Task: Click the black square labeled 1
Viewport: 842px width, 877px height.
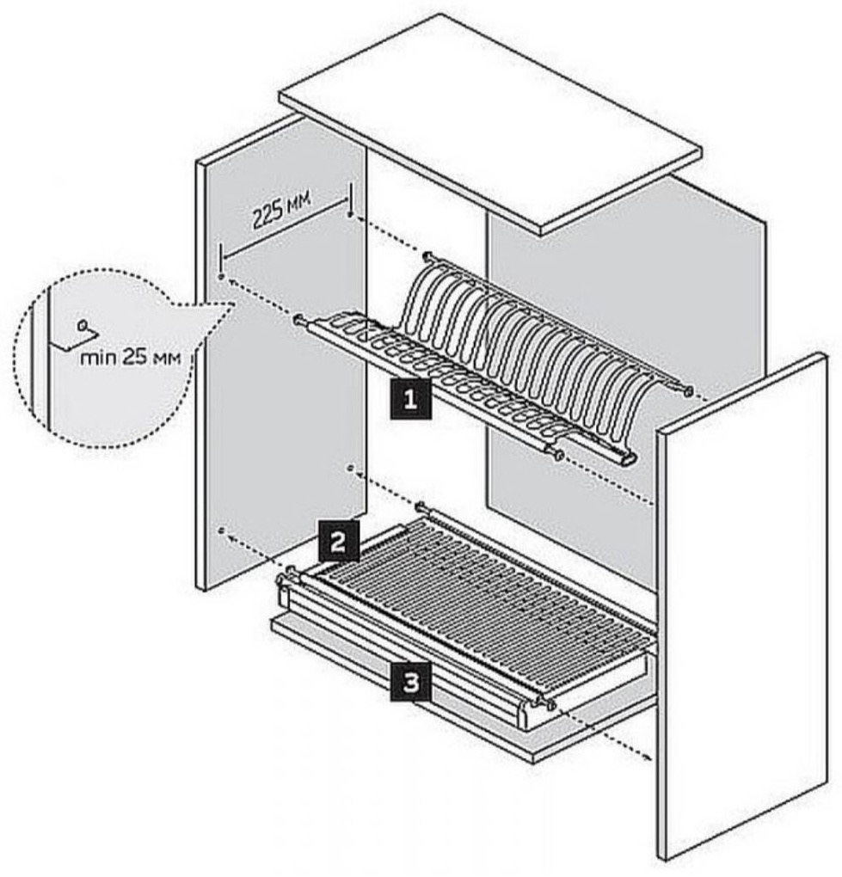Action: [x=410, y=399]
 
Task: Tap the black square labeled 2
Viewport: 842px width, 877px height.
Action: [x=339, y=541]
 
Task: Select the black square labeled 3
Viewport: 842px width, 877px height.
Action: [x=410, y=683]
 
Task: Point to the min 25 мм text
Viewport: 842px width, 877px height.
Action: [x=131, y=358]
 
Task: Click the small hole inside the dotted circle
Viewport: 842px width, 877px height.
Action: [x=83, y=324]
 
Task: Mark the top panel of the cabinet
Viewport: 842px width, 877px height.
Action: [x=490, y=124]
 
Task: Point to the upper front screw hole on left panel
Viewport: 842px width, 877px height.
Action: [x=222, y=276]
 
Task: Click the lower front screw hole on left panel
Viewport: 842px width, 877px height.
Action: [x=222, y=529]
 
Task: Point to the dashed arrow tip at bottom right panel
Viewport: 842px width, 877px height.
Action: [x=649, y=759]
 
